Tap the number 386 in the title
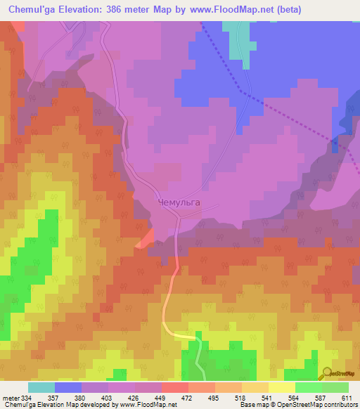click(x=122, y=9)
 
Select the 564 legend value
click(x=294, y=398)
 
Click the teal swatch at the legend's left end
click(x=41, y=387)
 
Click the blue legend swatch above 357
click(x=68, y=387)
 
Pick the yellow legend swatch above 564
click(x=282, y=387)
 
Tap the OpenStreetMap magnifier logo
click(x=328, y=373)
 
